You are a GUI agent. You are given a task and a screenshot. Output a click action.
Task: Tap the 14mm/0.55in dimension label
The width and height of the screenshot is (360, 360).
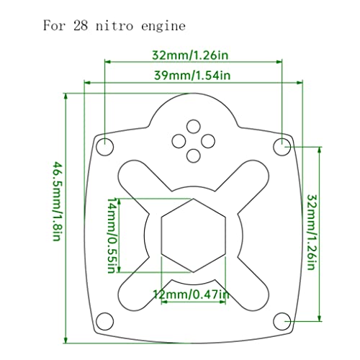point(110,234)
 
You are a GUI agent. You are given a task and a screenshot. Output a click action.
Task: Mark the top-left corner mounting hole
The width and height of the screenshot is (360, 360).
point(105,146)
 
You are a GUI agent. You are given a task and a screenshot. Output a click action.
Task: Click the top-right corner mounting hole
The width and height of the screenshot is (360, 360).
point(283,146)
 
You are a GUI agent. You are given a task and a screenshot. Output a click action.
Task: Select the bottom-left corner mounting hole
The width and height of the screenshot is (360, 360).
point(105,320)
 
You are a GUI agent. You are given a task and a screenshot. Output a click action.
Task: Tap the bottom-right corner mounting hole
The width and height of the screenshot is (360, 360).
point(283,320)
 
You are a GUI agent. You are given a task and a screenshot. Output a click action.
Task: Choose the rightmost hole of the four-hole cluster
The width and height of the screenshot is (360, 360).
point(208,140)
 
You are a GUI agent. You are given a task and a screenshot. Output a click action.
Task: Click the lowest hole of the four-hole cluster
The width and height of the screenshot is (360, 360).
point(194,153)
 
